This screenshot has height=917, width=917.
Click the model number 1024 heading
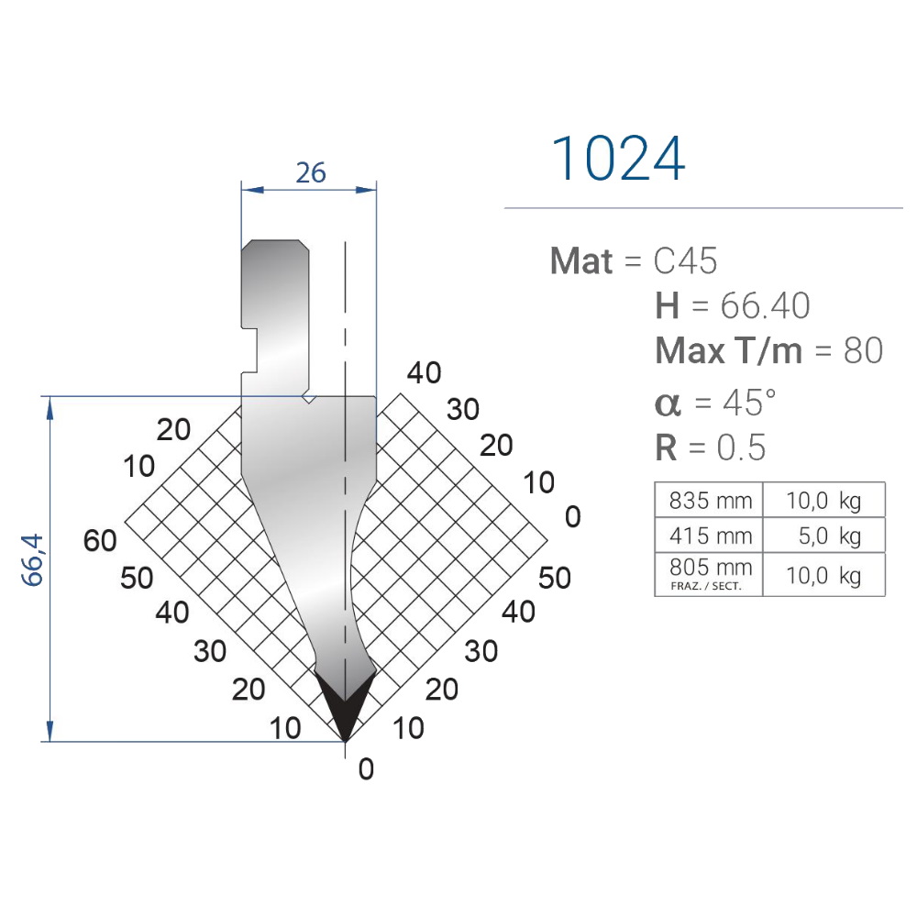click(617, 158)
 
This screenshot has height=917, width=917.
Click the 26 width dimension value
click(311, 172)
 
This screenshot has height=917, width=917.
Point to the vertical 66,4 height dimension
click(33, 559)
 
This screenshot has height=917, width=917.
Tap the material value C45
click(685, 260)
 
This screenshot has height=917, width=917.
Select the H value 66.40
click(765, 305)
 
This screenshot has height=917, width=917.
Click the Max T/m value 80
click(863, 351)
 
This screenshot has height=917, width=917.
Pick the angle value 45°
click(749, 403)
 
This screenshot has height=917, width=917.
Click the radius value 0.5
click(741, 448)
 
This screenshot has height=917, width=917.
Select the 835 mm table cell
click(709, 501)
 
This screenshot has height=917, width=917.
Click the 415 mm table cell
click(709, 536)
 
